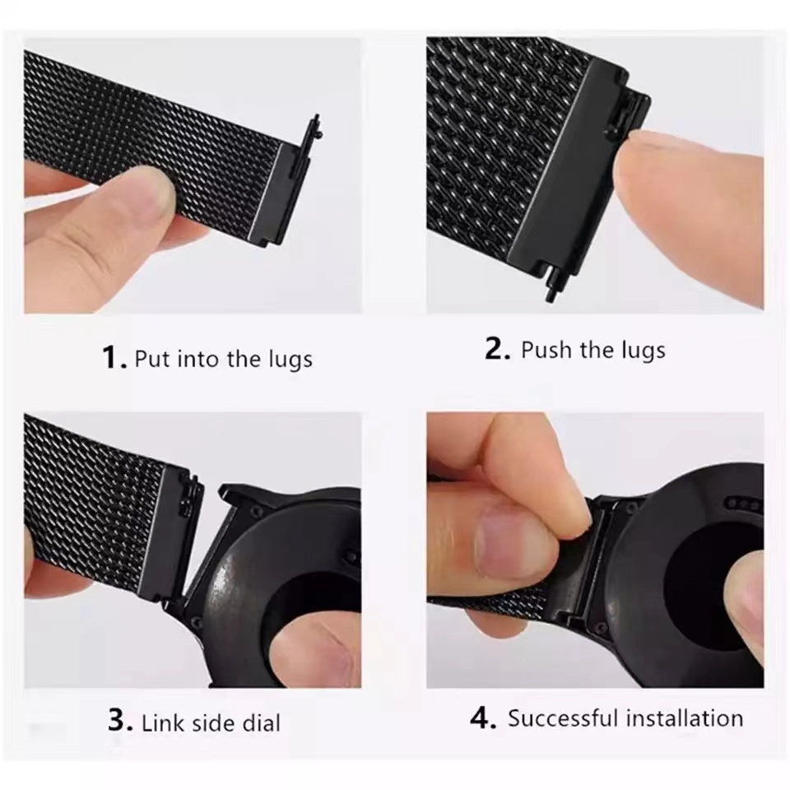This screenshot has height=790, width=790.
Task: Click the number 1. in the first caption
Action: [x=114, y=358]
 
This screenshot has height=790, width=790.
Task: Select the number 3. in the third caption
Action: [x=120, y=723]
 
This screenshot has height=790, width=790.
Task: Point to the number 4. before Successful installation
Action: [x=483, y=718]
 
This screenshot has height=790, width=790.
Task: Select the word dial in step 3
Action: [x=260, y=723]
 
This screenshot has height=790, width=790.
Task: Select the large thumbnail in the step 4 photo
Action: [x=505, y=539]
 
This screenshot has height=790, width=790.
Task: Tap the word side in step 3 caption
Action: [x=213, y=723]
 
